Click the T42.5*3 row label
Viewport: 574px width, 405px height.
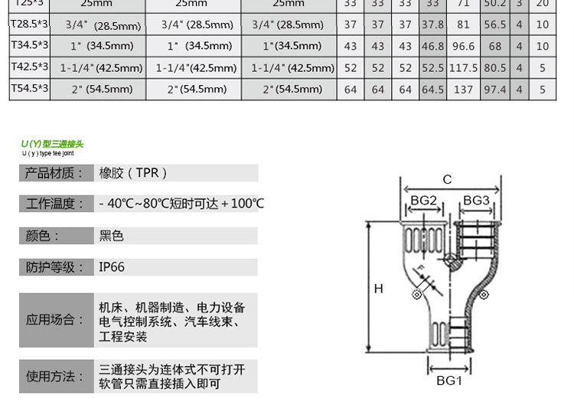pyautogui.click(x=29, y=67)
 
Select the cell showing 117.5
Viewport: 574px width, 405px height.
pyautogui.click(x=463, y=67)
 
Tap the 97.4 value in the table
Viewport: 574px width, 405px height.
pyautogui.click(x=495, y=89)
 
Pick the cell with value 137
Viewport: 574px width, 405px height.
pyautogui.click(x=463, y=89)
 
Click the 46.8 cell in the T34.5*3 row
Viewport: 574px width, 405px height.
pyautogui.click(x=432, y=46)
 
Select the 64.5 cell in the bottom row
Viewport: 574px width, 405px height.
pyautogui.click(x=432, y=89)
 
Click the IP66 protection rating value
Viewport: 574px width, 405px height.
pyautogui.click(x=112, y=267)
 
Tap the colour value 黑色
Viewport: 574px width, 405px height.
pyautogui.click(x=112, y=236)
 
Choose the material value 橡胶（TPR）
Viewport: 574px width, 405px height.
pyautogui.click(x=133, y=173)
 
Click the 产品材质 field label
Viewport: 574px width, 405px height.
pyautogui.click(x=54, y=173)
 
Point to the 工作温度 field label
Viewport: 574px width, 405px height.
pyautogui.click(x=54, y=204)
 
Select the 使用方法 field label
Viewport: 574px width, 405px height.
pyautogui.click(x=54, y=376)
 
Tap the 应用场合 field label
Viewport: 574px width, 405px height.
pyautogui.click(x=54, y=319)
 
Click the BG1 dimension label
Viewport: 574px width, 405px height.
pyautogui.click(x=449, y=381)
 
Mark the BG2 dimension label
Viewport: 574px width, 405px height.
pyautogui.click(x=423, y=201)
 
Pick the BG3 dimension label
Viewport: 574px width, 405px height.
pyautogui.click(x=476, y=201)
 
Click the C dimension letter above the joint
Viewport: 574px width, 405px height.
pyautogui.click(x=447, y=180)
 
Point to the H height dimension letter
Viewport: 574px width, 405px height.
pyautogui.click(x=378, y=289)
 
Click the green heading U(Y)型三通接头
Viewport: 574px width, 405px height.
pyautogui.click(x=52, y=144)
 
